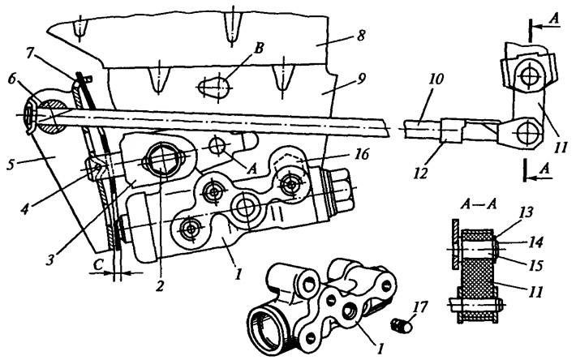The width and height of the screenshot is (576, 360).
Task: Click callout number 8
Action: click(360, 36)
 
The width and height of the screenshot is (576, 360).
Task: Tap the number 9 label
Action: click(360, 79)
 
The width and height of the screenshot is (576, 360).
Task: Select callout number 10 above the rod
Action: click(436, 79)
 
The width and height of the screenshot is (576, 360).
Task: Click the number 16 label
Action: click(362, 154)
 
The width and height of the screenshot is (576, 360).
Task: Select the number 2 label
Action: click(160, 285)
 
